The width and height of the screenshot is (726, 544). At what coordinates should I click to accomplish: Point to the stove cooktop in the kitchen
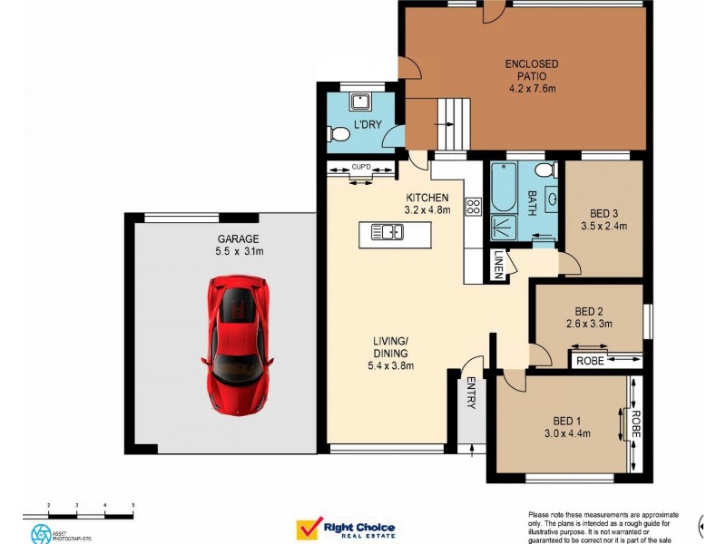pos(473,206)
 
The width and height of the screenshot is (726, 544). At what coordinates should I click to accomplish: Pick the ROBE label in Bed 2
pos(589,361)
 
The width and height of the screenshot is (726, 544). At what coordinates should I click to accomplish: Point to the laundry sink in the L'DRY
pos(360,101)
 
